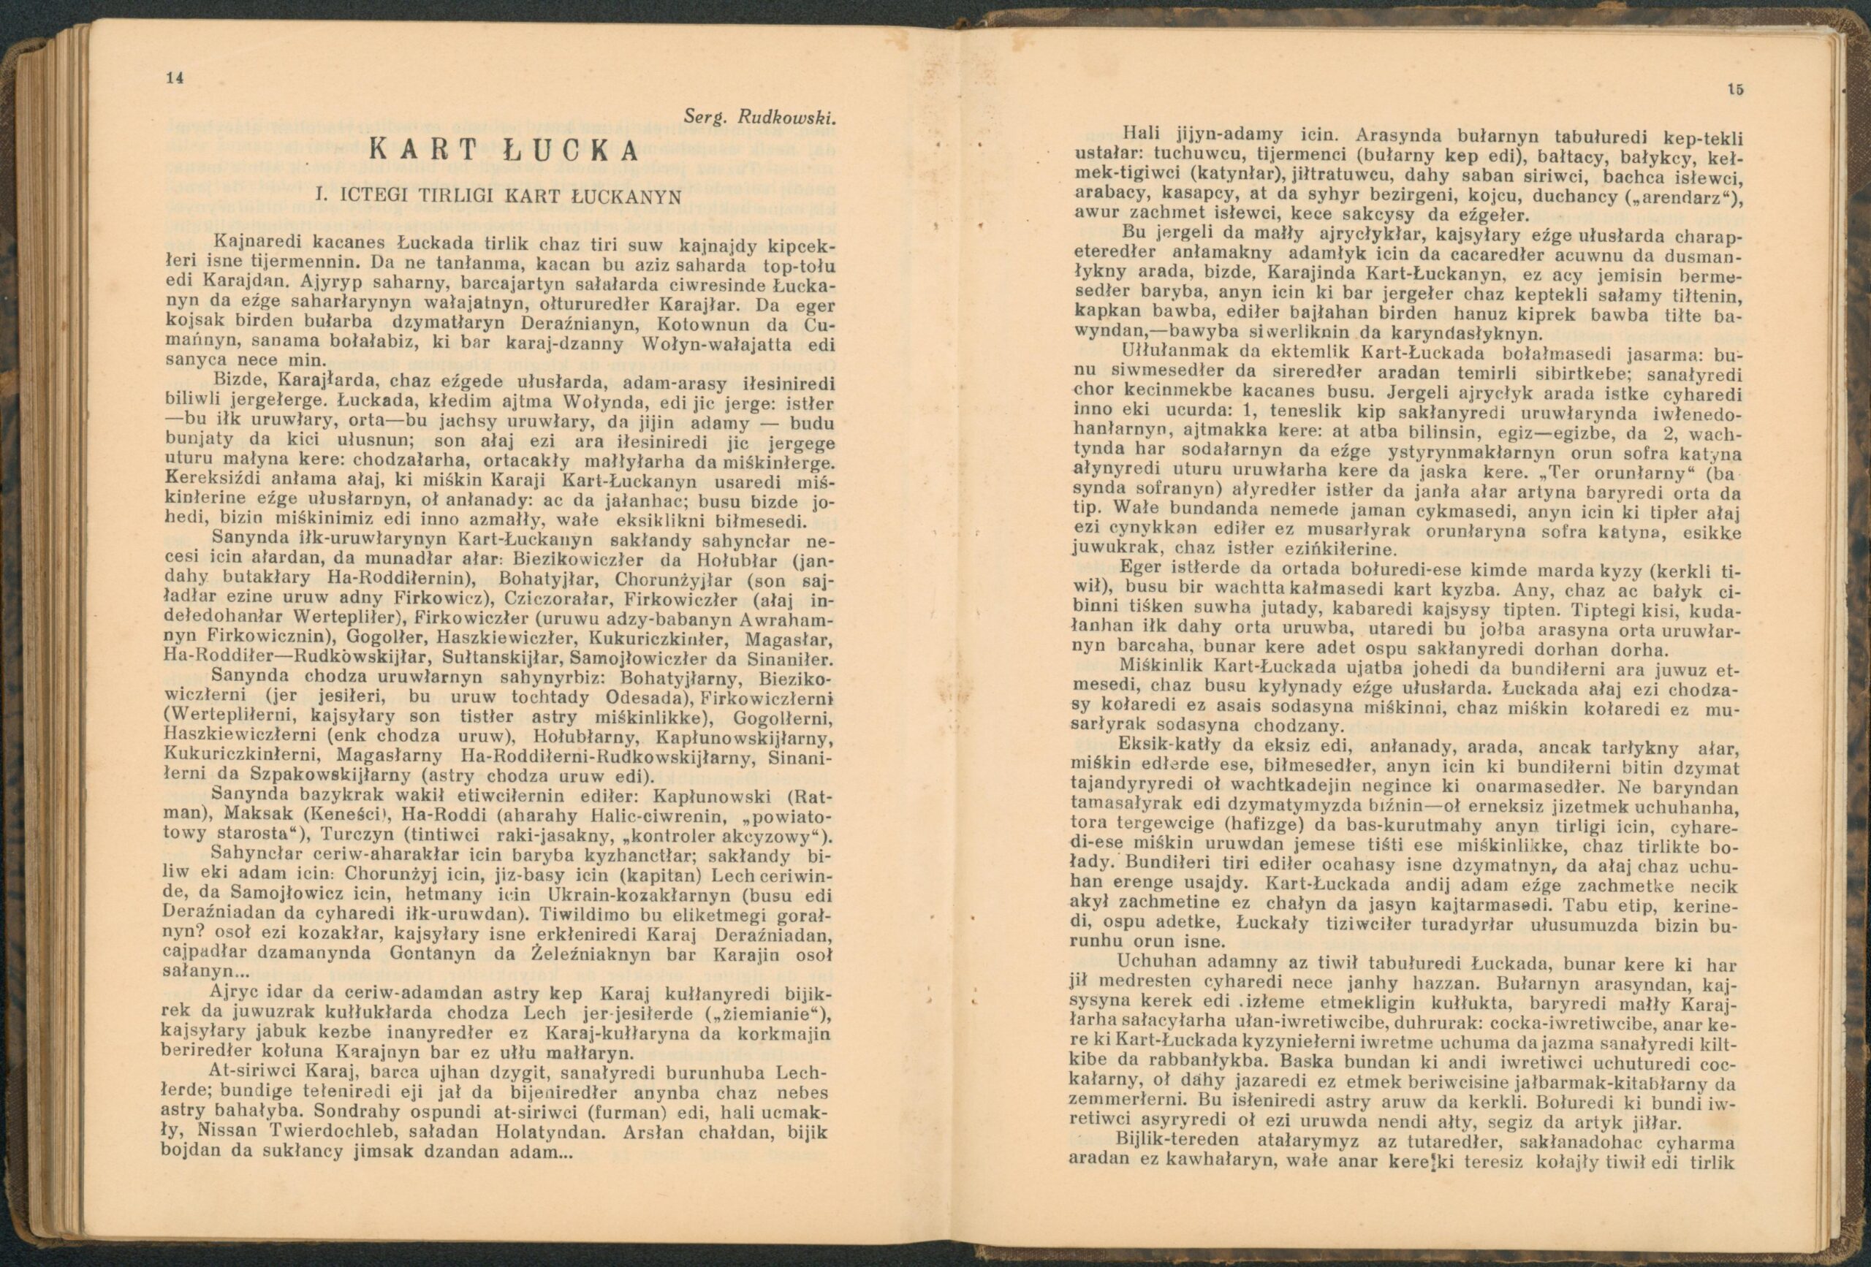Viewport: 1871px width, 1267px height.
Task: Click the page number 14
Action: coord(175,78)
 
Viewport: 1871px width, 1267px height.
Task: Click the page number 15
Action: coord(1728,90)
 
